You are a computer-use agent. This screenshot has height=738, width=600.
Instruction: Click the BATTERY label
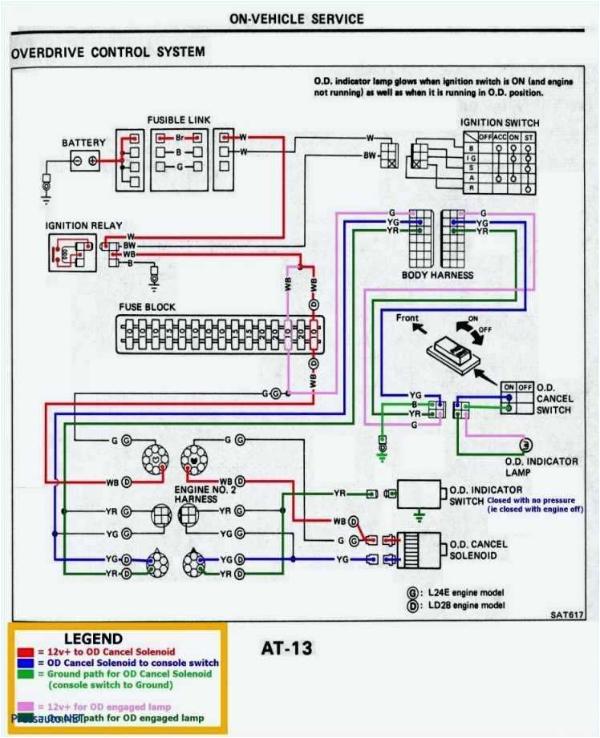coord(83,143)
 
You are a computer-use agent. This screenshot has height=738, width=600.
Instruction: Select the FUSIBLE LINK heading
coord(178,120)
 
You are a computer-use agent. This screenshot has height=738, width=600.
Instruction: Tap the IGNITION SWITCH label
coord(499,123)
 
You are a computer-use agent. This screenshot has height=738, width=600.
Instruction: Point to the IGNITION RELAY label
coord(78,225)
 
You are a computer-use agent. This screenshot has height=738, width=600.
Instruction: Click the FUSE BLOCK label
coord(147,307)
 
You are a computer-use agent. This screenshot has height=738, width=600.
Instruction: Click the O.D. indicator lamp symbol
coord(525,445)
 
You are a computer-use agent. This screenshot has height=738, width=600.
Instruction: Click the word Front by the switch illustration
coord(407,318)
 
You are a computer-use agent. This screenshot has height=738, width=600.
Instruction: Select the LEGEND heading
coord(93,639)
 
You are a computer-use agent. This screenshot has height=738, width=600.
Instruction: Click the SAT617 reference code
coord(567,615)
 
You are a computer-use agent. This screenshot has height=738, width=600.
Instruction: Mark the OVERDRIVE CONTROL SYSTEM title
coord(107,52)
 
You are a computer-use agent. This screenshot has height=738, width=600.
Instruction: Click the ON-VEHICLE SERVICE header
coord(296,18)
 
